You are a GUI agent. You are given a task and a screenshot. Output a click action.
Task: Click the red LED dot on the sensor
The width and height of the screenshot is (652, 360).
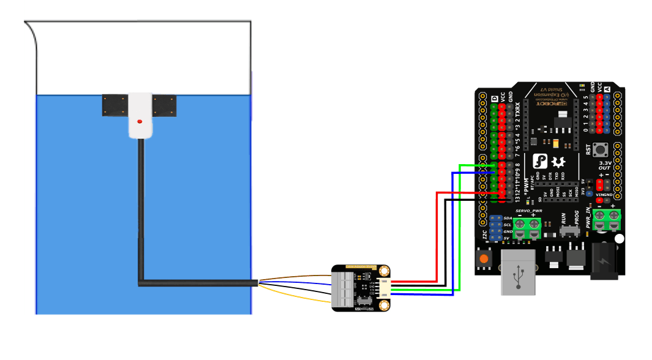pyautogui.click(x=140, y=121)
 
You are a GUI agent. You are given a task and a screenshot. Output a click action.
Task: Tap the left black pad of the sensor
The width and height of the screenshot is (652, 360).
pyautogui.click(x=114, y=105)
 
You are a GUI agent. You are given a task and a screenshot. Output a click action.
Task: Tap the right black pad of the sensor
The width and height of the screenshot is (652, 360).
pyautogui.click(x=165, y=105)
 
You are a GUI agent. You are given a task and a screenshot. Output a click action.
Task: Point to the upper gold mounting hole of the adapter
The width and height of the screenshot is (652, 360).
pyautogui.click(x=384, y=271)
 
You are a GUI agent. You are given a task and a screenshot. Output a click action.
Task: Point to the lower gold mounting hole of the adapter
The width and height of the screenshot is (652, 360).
pyautogui.click(x=384, y=305)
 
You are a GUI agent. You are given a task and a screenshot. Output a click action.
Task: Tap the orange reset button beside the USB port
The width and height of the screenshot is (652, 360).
pyautogui.click(x=484, y=260)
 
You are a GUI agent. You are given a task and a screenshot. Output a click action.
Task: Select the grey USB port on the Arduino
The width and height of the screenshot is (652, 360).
pyautogui.click(x=519, y=271)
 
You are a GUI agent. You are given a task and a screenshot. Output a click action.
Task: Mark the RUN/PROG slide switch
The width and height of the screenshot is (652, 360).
pyautogui.click(x=569, y=232)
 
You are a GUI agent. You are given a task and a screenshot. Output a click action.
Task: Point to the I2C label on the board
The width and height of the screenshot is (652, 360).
pyautogui.click(x=485, y=234)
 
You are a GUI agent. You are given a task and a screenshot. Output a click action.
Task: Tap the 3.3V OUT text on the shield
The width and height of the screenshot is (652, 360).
pyautogui.click(x=605, y=165)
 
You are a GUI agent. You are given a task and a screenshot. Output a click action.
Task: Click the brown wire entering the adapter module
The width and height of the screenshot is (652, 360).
pyautogui.click(x=294, y=277)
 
